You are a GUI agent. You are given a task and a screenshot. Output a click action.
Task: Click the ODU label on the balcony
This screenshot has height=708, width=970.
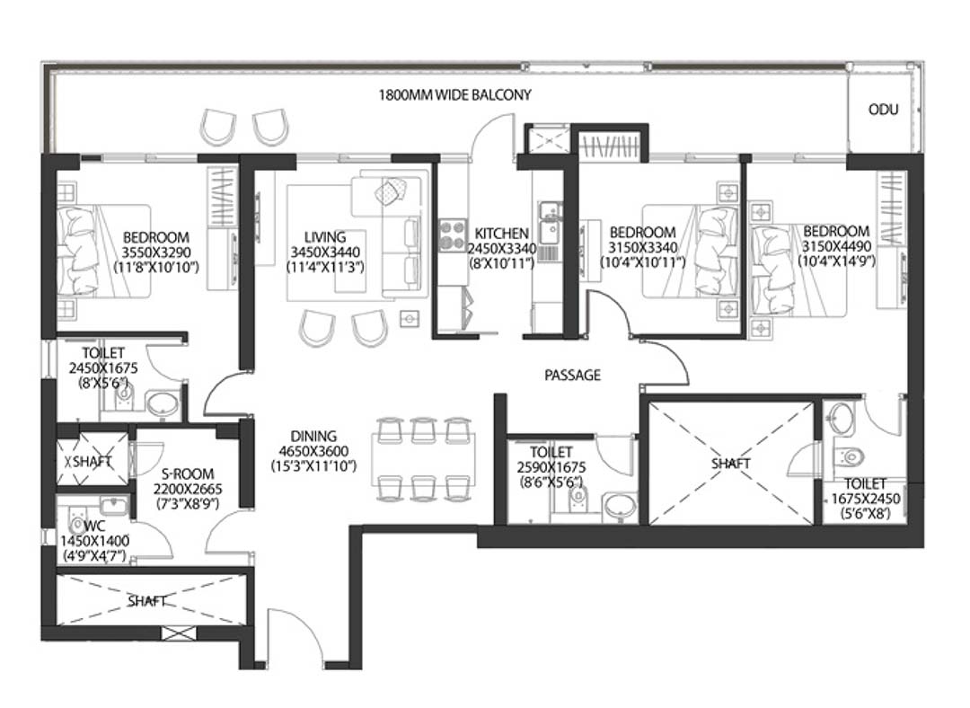(x=883, y=110)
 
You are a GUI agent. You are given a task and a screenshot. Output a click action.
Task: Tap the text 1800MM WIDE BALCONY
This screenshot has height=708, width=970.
(x=454, y=95)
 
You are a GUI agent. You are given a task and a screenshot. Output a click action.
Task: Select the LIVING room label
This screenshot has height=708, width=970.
(x=325, y=237)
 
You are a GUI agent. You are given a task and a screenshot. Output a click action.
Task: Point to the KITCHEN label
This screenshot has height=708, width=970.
(x=502, y=234)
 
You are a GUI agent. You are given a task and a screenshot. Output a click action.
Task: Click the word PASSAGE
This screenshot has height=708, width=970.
(x=572, y=375)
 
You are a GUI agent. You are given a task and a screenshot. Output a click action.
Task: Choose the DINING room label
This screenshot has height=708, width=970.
(x=313, y=437)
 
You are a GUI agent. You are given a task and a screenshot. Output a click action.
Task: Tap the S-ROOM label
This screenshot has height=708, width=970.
(x=188, y=474)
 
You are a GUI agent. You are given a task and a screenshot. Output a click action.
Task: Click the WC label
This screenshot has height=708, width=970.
(x=94, y=527)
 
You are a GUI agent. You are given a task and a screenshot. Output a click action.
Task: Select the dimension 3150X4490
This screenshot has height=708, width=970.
(x=836, y=246)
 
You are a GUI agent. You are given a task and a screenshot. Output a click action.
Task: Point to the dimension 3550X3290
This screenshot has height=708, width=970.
(x=156, y=252)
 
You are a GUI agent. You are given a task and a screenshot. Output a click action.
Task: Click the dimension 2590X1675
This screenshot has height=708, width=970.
(x=551, y=467)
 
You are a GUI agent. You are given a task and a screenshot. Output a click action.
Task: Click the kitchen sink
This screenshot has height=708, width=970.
(x=549, y=223)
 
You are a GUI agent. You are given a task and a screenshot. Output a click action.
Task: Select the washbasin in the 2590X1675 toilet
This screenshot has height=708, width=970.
(x=620, y=506)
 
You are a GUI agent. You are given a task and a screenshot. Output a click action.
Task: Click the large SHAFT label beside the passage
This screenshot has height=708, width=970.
(x=730, y=464)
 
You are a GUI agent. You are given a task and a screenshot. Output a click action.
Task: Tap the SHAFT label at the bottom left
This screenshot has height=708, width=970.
(x=147, y=601)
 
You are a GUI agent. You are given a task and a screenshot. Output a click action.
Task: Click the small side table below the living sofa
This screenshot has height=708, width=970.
(x=409, y=319)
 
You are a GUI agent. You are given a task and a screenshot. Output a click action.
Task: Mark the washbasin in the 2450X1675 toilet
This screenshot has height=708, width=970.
(x=162, y=404)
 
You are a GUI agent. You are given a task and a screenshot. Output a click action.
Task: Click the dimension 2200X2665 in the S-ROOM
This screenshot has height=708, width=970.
(x=188, y=489)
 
